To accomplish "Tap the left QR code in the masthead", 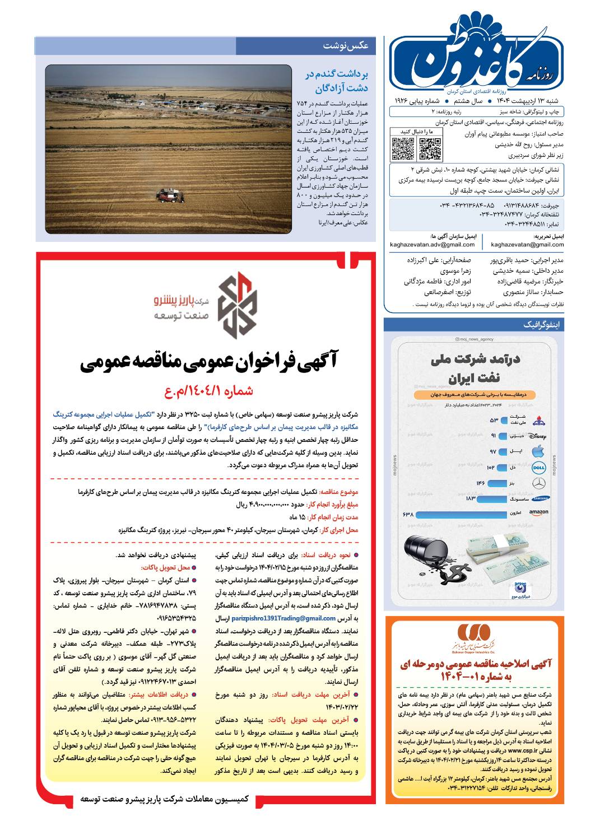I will (402, 148).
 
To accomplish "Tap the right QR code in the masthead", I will (430, 148).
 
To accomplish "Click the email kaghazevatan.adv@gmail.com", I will (432, 245).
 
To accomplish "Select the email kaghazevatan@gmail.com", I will (527, 245).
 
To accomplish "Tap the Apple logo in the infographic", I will (538, 451).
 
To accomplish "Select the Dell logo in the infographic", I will (538, 467).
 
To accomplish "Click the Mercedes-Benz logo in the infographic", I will (538, 483).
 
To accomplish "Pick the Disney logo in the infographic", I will (537, 436).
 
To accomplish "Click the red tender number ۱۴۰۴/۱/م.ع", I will (208, 391).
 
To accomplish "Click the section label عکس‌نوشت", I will (346, 46).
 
